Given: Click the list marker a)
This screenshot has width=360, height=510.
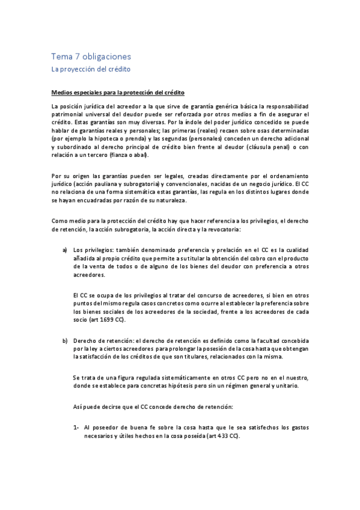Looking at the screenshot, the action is [x=65, y=250].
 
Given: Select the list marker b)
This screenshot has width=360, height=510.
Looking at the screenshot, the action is [x=65, y=341].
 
